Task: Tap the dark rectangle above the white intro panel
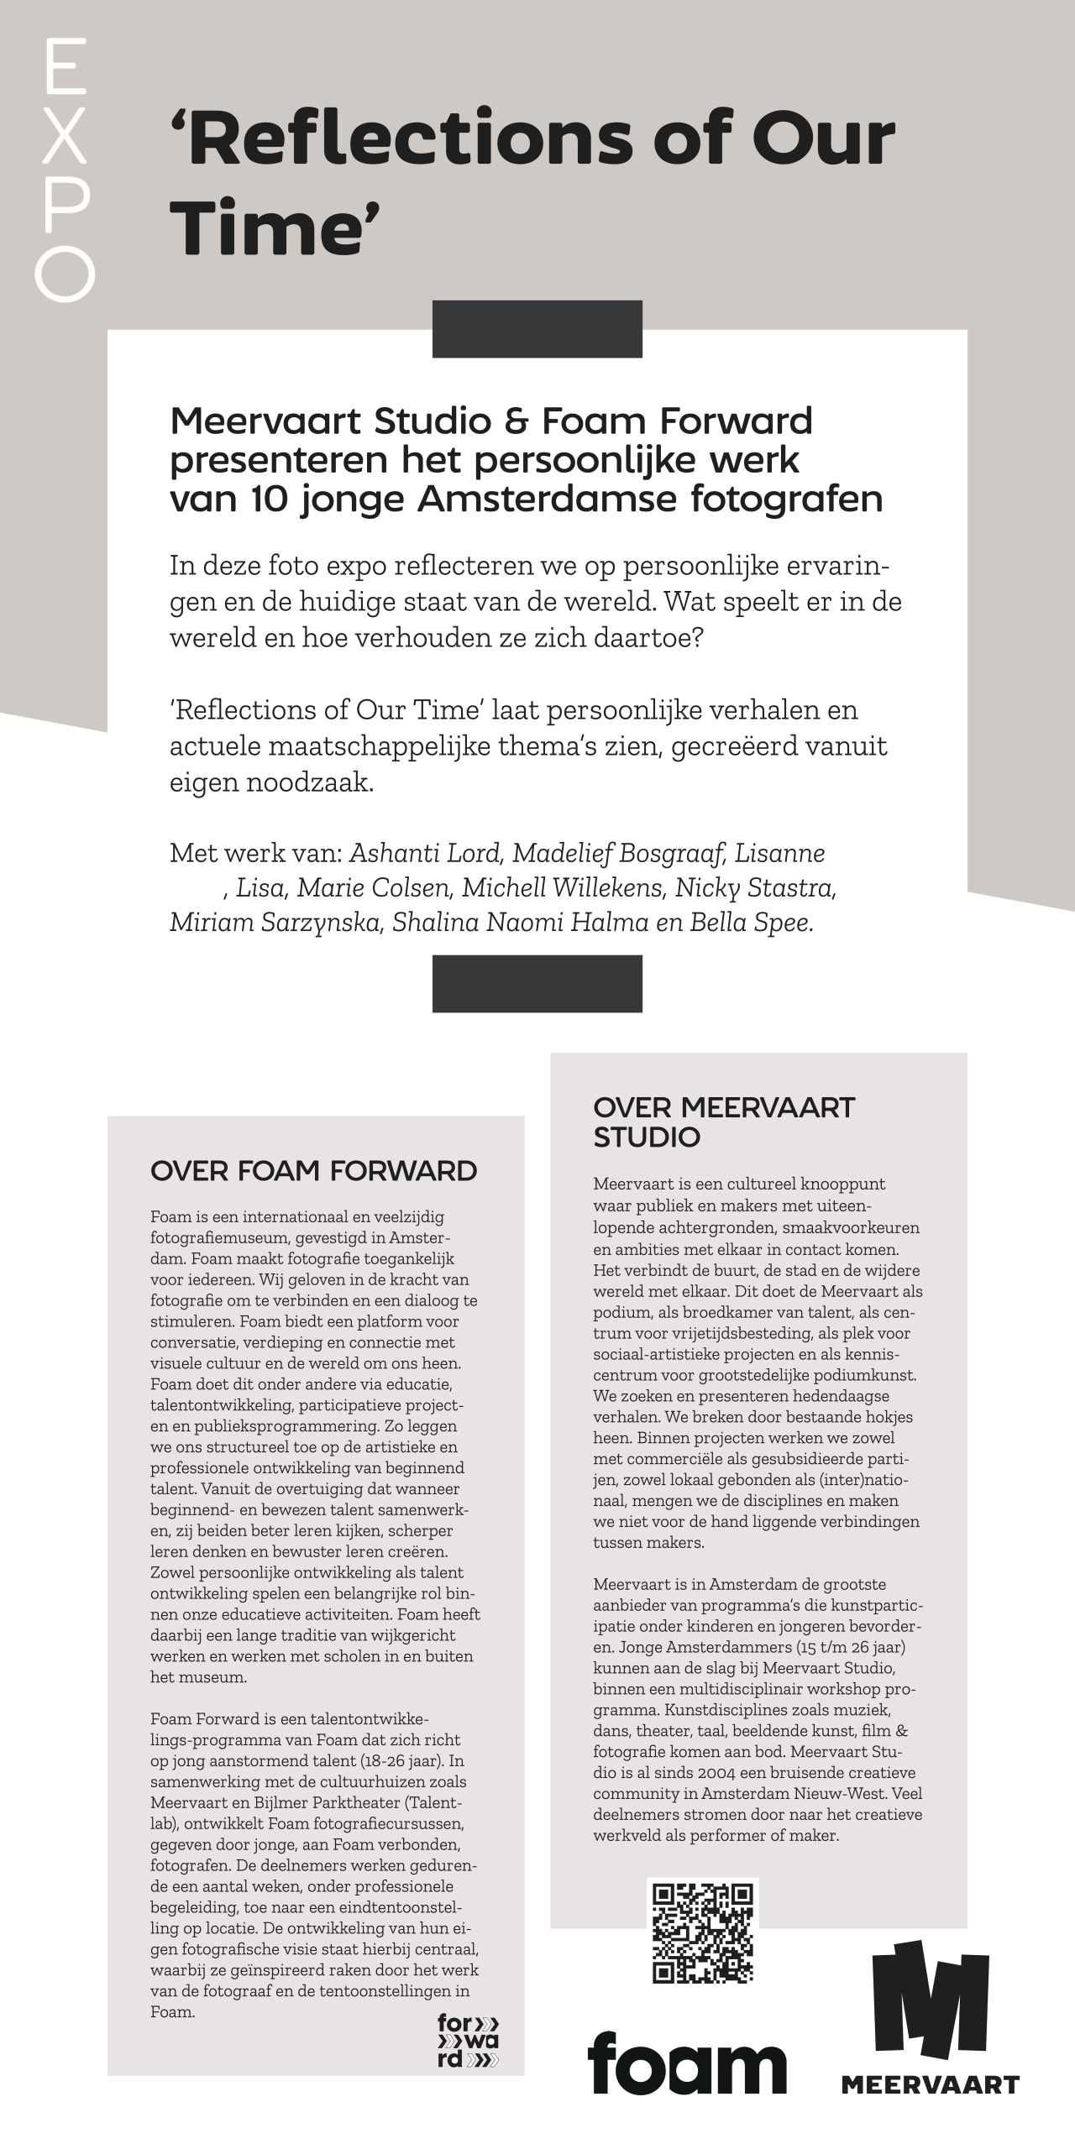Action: coord(537,329)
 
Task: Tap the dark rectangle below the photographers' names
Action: coord(537,983)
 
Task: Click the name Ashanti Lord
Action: coord(425,853)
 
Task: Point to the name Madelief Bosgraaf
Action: coord(618,853)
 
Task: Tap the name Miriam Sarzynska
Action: coord(276,922)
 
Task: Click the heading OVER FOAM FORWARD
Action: coord(313,1170)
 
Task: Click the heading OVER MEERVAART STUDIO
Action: coord(723,1122)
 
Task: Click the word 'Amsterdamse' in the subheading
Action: coord(548,499)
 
